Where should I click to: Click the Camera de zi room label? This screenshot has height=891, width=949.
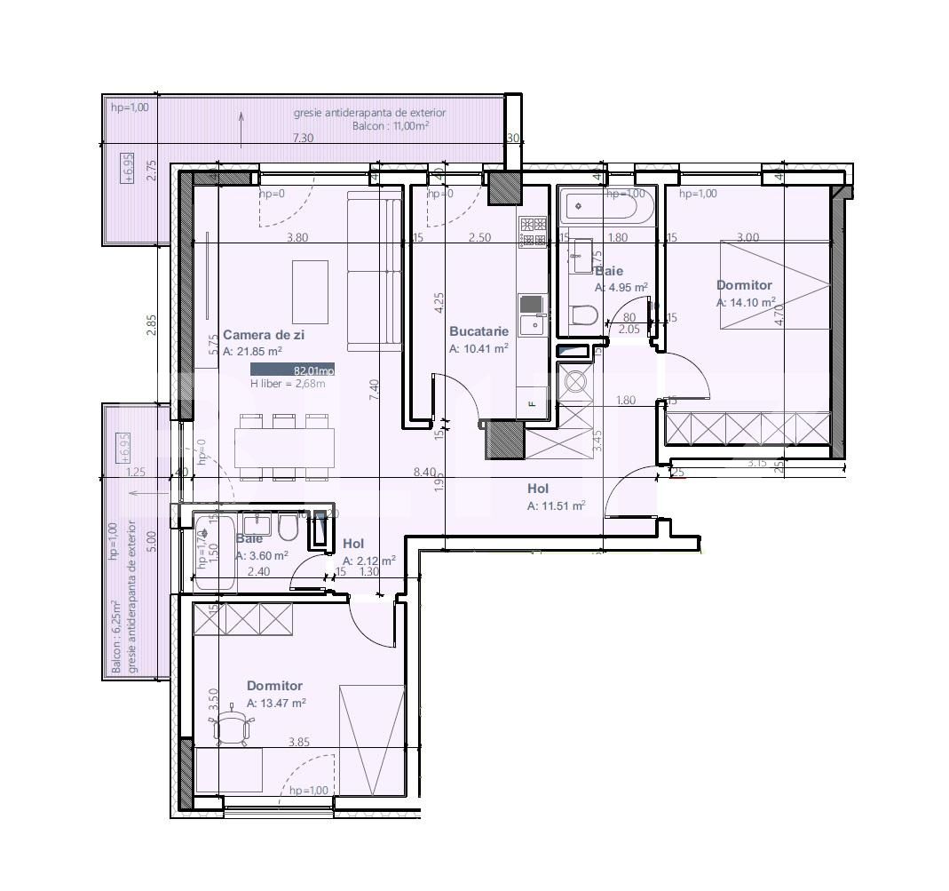(263, 335)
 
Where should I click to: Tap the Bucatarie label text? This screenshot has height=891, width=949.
(478, 331)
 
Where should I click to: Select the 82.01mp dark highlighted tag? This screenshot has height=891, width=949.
(292, 370)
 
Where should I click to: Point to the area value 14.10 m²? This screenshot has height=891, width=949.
(746, 302)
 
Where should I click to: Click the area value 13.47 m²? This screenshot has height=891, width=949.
(276, 703)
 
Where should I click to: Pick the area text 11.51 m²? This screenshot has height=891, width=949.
(556, 506)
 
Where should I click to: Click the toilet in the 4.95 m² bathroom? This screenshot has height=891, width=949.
(584, 315)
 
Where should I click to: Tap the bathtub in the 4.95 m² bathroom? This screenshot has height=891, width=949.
(599, 206)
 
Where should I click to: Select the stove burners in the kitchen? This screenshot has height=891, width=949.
(533, 233)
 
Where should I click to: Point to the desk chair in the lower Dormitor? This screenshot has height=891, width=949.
(232, 728)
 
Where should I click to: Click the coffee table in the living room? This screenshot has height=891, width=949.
(310, 291)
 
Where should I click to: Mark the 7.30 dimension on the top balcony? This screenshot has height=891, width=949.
(304, 138)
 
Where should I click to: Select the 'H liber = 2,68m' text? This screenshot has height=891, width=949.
(288, 384)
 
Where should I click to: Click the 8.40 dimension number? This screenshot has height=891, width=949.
(425, 473)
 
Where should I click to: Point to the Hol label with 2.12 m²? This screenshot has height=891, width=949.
(353, 544)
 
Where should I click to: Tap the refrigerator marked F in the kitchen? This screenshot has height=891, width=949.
(533, 401)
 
